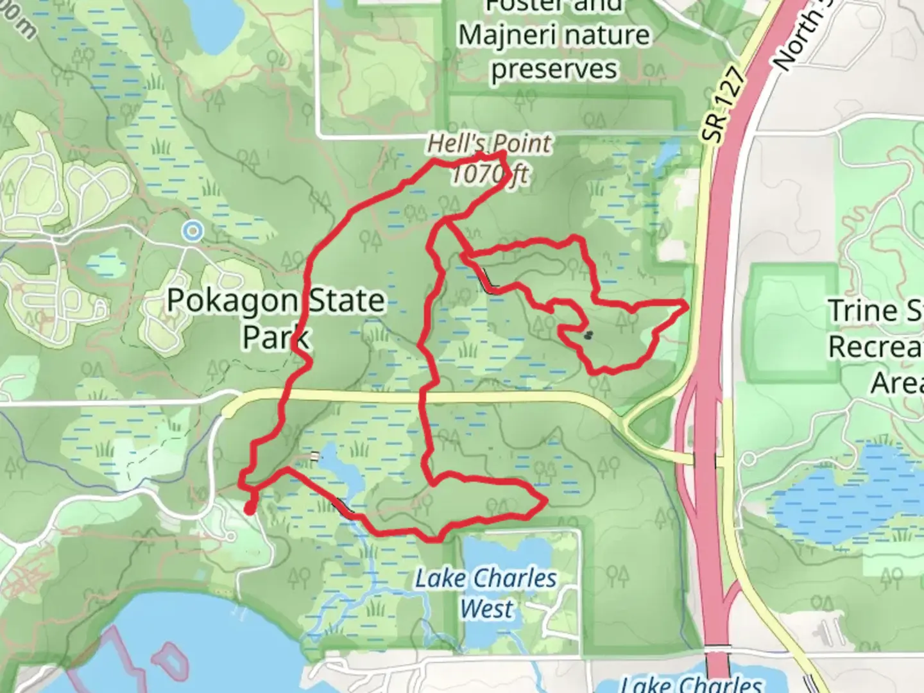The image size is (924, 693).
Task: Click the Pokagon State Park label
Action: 276,318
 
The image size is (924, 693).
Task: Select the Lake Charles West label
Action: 486,593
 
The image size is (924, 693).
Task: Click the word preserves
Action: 554,69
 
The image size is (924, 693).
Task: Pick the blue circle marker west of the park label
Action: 192,231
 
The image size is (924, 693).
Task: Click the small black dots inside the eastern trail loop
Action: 588,334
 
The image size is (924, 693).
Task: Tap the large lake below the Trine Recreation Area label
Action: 847,494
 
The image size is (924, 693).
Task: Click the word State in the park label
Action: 346,301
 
